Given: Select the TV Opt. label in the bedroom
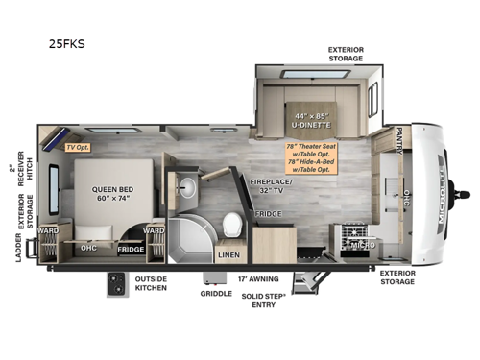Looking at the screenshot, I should point(77,147).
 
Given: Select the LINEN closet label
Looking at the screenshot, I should point(228,254).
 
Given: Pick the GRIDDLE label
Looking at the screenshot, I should point(216,293).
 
